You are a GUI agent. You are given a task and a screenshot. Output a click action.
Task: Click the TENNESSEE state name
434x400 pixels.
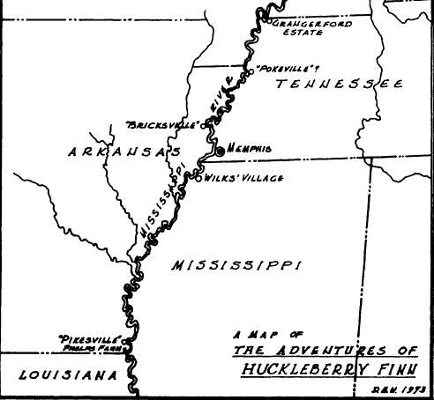(x=339, y=85)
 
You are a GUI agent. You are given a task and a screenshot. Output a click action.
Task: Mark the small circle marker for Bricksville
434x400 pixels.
(x=204, y=125)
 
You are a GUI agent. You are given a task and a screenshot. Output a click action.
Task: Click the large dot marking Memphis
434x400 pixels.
(x=221, y=152)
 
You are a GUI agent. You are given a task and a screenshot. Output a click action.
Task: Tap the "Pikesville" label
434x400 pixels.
(x=86, y=337)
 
